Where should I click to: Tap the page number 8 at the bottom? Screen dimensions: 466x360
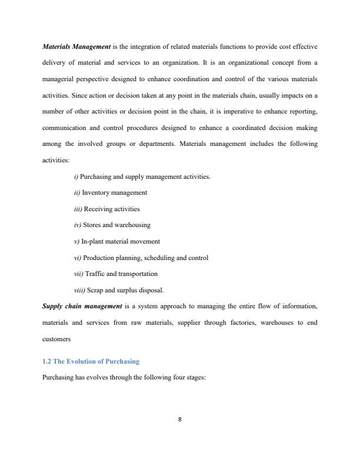click(x=179, y=419)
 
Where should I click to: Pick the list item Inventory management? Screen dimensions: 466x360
click(x=114, y=192)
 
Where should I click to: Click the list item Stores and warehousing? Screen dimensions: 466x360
click(x=112, y=225)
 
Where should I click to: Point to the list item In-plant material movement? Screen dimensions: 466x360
click(x=120, y=241)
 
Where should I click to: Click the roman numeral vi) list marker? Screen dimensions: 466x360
click(x=77, y=258)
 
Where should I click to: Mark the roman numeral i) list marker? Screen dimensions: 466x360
click(x=76, y=177)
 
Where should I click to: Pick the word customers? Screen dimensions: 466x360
click(x=57, y=338)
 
